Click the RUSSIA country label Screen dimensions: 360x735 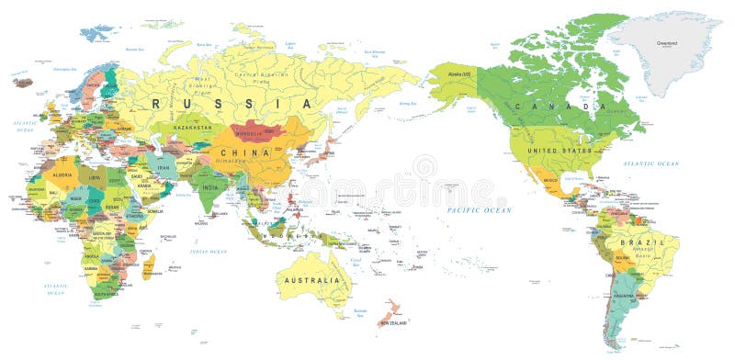click(203, 104)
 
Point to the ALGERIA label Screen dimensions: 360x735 click(63, 173)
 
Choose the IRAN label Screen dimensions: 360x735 click(164, 167)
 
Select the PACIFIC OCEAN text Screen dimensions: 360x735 click(479, 210)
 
